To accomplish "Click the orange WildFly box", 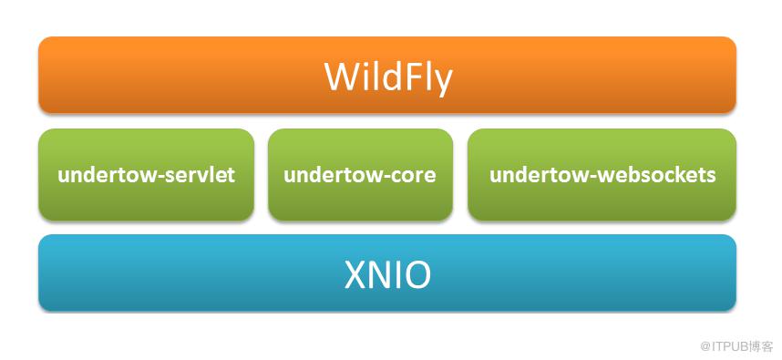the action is point(387,75).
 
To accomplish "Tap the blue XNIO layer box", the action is point(387,273).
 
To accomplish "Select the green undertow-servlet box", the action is point(146,174).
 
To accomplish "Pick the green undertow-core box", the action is point(360,174).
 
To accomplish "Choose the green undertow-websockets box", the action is point(602,174).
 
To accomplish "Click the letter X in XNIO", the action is point(356,275).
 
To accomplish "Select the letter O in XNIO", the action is point(416,275).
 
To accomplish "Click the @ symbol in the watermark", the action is point(705,345).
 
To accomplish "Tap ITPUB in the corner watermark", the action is point(727,345).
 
